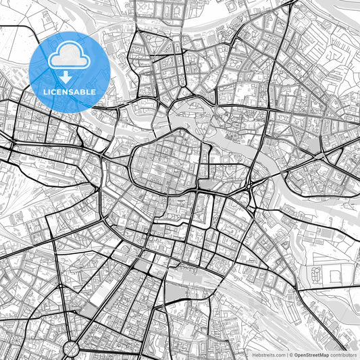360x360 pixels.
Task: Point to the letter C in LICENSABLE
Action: (x=56, y=92)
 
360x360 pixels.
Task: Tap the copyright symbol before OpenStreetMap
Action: (x=291, y=355)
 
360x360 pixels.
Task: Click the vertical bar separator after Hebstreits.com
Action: (x=286, y=355)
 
